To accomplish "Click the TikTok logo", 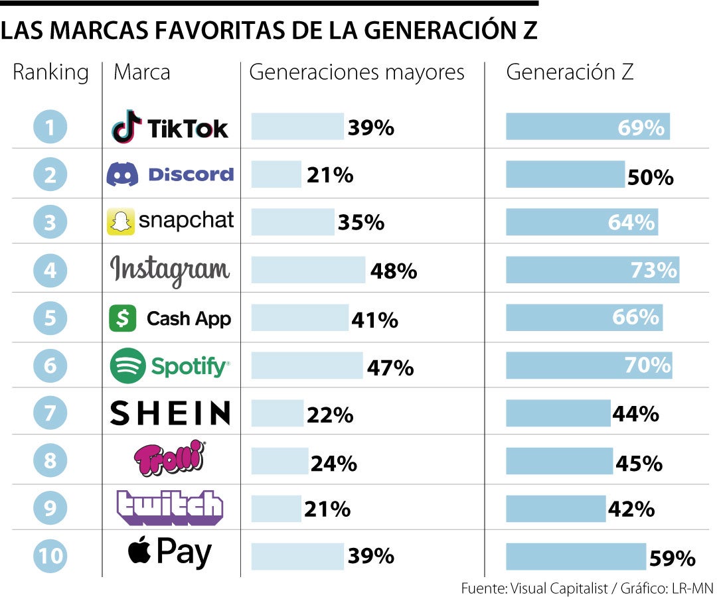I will pyautogui.click(x=170, y=127).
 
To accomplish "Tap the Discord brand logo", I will pyautogui.click(x=170, y=174).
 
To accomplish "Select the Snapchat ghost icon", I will pyautogui.click(x=120, y=222).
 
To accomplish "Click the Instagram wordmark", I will pyautogui.click(x=170, y=270).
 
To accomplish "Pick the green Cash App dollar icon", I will pyautogui.click(x=122, y=318).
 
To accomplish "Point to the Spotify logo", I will pyautogui.click(x=170, y=365).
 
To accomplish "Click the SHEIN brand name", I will pyautogui.click(x=170, y=413).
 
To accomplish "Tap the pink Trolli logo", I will pyautogui.click(x=170, y=460).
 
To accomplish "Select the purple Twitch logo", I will pyautogui.click(x=170, y=507).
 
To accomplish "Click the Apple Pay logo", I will pyautogui.click(x=170, y=553).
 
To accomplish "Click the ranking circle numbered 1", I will pyautogui.click(x=50, y=127).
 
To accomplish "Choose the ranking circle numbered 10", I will pyautogui.click(x=50, y=555).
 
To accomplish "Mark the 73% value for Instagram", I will pyautogui.click(x=654, y=271).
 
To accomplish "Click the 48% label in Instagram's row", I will pyautogui.click(x=394, y=271).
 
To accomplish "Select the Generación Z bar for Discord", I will pyautogui.click(x=565, y=174).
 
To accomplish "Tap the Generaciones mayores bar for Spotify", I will pyautogui.click(x=307, y=365).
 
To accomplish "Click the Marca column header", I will pyautogui.click(x=141, y=72).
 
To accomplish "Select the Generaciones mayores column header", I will pyautogui.click(x=357, y=72).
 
